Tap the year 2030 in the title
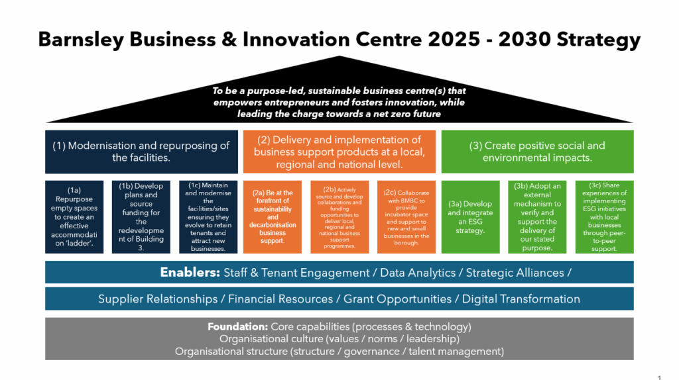click(x=524, y=39)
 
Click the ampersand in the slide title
click(x=229, y=40)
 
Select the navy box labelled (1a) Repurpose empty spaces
click(x=74, y=217)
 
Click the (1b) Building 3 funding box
click(x=141, y=217)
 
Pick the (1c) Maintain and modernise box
click(x=208, y=217)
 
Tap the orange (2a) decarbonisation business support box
click(x=273, y=217)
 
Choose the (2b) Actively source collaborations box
click(x=339, y=217)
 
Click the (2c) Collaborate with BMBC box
click(x=406, y=217)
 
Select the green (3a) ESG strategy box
click(x=470, y=217)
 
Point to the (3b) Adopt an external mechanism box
click(x=537, y=217)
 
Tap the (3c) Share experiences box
click(x=604, y=217)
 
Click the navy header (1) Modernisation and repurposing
click(x=142, y=152)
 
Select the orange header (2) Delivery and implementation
click(x=339, y=152)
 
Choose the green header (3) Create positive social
click(x=537, y=152)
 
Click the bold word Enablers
click(x=190, y=272)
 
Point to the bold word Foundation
click(x=238, y=326)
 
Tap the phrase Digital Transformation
click(x=521, y=299)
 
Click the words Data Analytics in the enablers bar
click(x=418, y=273)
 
